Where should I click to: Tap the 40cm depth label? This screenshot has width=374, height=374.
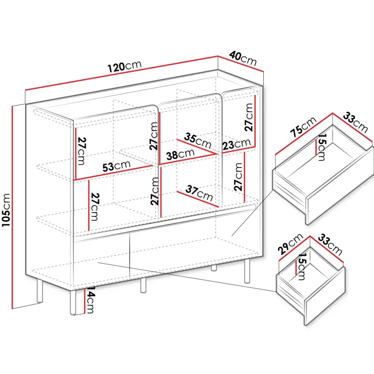(x=243, y=58)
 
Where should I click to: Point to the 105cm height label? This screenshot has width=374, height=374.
(x=6, y=210)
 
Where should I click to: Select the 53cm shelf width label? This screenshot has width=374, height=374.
(x=116, y=166)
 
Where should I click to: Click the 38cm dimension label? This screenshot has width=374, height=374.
(x=180, y=155)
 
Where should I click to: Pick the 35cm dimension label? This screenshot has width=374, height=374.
(x=198, y=141)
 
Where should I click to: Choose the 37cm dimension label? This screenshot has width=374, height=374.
(x=199, y=193)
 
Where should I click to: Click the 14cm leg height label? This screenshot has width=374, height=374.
(x=90, y=300)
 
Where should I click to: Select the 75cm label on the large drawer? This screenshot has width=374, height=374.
(x=303, y=127)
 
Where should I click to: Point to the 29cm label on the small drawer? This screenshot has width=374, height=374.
(x=290, y=244)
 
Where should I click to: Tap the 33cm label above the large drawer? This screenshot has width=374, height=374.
(x=356, y=122)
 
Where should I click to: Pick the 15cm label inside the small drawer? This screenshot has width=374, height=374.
(x=301, y=266)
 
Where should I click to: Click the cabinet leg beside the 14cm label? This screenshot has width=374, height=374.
(x=73, y=302)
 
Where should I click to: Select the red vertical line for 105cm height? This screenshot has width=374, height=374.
(x=12, y=207)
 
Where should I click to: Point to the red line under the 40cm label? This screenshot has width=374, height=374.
(x=241, y=64)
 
